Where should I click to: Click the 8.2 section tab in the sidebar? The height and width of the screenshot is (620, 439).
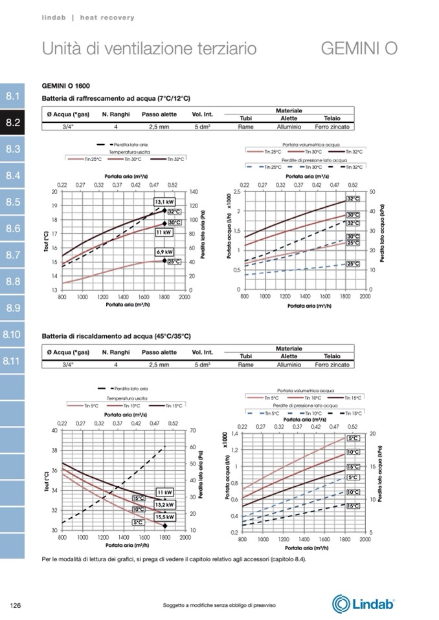[12, 123]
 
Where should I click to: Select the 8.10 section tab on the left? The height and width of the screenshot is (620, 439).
[12, 335]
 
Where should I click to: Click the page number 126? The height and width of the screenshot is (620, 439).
[17, 605]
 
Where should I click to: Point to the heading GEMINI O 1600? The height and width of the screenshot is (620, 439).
[66, 86]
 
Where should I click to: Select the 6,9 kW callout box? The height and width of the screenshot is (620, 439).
[164, 252]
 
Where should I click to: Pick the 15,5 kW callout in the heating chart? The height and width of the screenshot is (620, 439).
[165, 517]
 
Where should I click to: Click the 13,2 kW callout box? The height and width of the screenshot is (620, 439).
[165, 505]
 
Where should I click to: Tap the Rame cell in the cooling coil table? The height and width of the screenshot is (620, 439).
[245, 127]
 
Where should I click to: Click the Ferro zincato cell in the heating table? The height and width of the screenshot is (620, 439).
[332, 365]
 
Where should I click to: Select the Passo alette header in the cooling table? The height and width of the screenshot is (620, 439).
[159, 114]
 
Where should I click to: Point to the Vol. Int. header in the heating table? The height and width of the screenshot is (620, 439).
[203, 352]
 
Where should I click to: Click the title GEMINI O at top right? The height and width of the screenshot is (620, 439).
[359, 49]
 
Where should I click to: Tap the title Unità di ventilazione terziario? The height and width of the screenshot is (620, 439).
[149, 49]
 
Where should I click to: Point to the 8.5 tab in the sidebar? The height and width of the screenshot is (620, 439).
[12, 202]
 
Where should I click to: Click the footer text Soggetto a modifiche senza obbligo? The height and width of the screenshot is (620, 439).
[219, 605]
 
